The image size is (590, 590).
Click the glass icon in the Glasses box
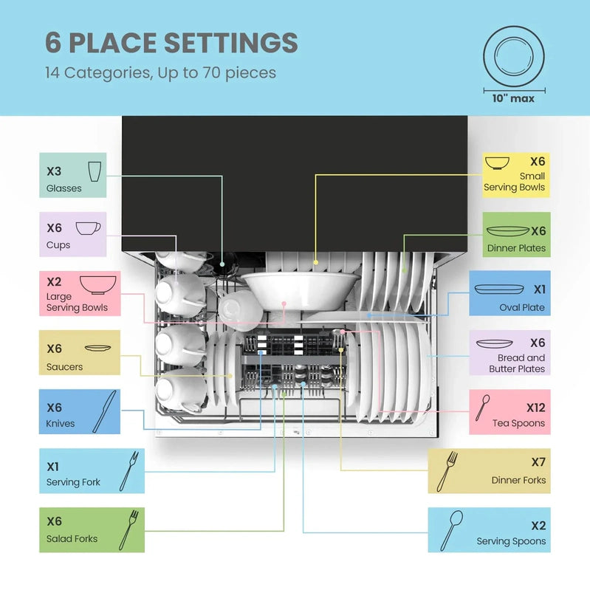95,171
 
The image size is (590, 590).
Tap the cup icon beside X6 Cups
88,228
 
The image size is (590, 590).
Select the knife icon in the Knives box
104,411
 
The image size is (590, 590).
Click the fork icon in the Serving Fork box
129,470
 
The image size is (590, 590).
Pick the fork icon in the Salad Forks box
128,529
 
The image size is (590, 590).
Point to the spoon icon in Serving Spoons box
451,530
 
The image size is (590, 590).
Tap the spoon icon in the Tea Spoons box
482,407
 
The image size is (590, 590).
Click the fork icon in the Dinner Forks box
447,471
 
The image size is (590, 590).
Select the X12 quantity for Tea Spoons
535,408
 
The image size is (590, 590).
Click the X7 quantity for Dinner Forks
538,462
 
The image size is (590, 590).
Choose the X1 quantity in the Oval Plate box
540,289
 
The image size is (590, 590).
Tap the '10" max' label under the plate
513,99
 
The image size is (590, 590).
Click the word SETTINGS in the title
231,43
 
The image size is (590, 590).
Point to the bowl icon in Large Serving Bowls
97,285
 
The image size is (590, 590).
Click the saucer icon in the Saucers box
97,348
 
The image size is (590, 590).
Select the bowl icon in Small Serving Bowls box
497,163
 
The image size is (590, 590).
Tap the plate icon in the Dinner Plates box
507,230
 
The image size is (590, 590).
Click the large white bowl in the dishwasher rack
301,290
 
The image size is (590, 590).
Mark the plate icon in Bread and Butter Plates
495,344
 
